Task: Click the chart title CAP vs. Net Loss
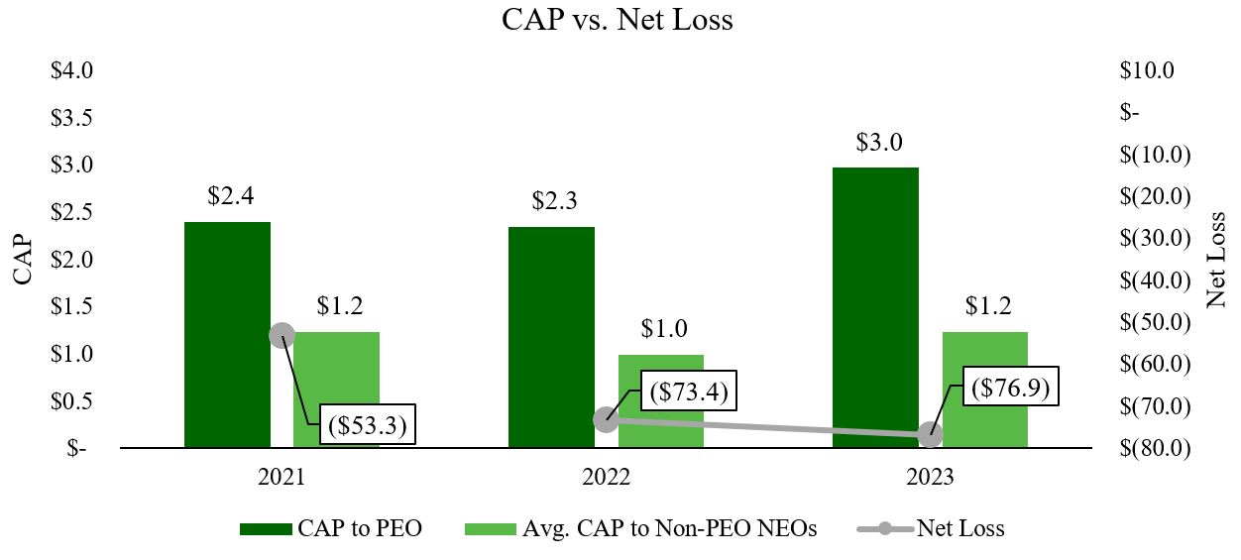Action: [x=618, y=19]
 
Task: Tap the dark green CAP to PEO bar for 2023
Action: [x=875, y=307]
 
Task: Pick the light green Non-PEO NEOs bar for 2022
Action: [x=661, y=401]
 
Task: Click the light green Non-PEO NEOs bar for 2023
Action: [x=984, y=390]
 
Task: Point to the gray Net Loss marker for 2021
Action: [x=282, y=335]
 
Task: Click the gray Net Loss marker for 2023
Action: [x=930, y=434]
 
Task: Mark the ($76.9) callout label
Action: [x=1010, y=387]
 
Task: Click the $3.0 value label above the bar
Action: [x=878, y=143]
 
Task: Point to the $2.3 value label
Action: [x=554, y=202]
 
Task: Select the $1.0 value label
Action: [x=663, y=329]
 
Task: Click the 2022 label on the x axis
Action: [x=606, y=477]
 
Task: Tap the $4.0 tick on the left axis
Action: [x=71, y=70]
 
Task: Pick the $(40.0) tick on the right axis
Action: [x=1155, y=280]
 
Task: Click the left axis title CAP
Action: [x=25, y=260]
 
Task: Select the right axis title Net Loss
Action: [x=1217, y=260]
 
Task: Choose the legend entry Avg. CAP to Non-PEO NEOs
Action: [x=669, y=529]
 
